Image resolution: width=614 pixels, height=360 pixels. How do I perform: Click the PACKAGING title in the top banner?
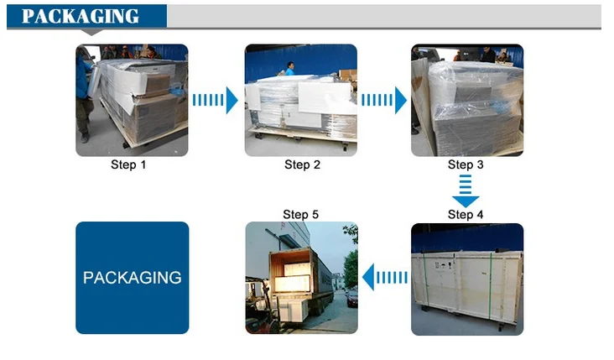tap(81, 16)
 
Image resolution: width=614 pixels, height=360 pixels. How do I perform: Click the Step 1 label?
tap(128, 164)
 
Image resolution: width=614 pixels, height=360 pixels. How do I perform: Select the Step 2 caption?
tap(302, 164)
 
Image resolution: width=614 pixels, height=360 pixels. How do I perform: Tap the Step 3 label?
tap(466, 164)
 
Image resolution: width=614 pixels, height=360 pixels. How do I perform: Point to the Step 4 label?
tap(466, 215)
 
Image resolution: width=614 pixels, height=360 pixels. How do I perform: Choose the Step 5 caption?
tap(300, 215)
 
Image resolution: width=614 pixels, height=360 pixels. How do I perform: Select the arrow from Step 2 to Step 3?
tap(383, 100)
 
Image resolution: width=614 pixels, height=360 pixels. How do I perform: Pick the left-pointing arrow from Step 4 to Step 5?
tap(384, 276)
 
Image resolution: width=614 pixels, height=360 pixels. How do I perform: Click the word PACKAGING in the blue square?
tap(132, 277)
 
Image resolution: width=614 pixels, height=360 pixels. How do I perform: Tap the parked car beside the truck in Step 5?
tap(351, 295)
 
